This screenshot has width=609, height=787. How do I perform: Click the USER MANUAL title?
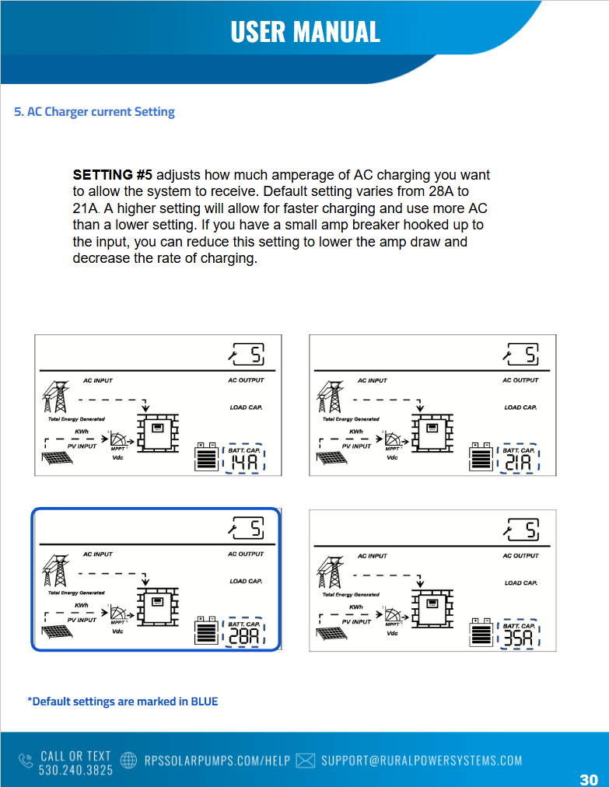pos(305,31)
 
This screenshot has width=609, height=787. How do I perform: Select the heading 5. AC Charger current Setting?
pos(94,112)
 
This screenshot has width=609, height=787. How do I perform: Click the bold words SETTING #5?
pos(112,175)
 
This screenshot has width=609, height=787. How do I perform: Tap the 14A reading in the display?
pos(243,463)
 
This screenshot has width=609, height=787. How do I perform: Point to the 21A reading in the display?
pos(518,463)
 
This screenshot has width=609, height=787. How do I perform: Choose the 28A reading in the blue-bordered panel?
pos(243,637)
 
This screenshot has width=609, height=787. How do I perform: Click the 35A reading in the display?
pos(518,638)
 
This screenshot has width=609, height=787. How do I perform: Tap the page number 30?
pos(589,779)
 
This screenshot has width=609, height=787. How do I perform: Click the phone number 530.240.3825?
pos(75,769)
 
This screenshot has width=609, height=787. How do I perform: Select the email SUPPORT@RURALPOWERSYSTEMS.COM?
pos(422,761)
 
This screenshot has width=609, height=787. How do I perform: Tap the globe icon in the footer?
pos(130,760)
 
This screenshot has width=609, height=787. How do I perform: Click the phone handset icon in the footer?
pos(26,760)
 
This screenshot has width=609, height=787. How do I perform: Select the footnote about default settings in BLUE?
pos(123,701)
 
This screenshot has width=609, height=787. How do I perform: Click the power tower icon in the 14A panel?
pos(55,396)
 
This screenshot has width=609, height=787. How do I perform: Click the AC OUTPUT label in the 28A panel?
pos(246,554)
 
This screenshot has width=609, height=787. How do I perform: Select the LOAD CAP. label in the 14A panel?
pos(246,407)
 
